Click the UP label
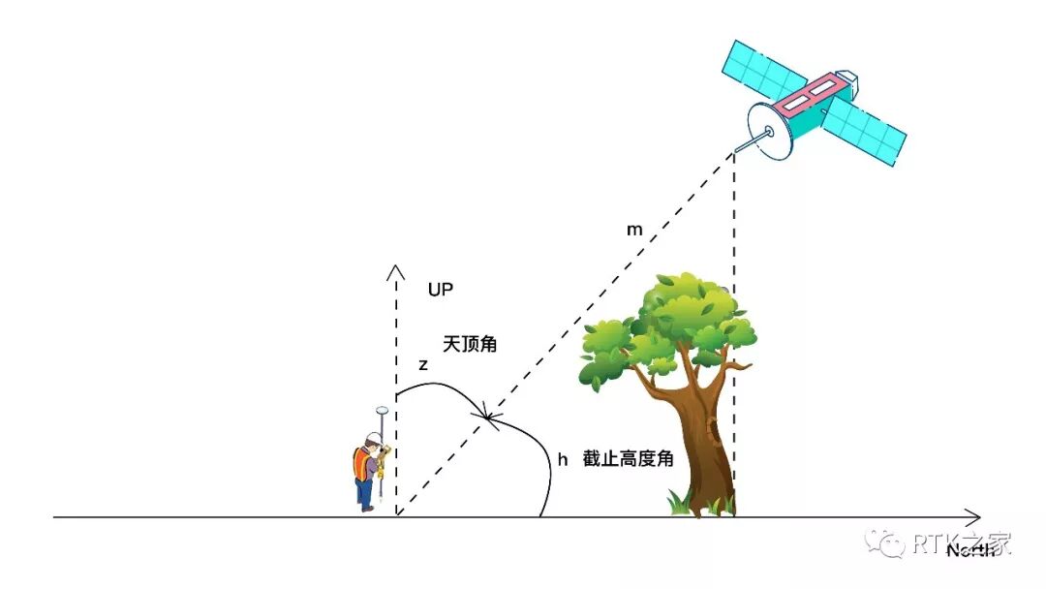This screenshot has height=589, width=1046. point(441,290)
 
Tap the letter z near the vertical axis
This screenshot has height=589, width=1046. point(423,365)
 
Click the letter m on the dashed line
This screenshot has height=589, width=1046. point(633,231)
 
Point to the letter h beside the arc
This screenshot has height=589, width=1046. point(562,459)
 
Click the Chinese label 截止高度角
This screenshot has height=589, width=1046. point(628,459)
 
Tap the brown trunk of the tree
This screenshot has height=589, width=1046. point(705,436)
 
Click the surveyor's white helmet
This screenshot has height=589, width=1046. point(372,436)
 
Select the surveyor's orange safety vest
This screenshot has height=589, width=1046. point(362,464)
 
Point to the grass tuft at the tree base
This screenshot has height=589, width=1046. point(699,503)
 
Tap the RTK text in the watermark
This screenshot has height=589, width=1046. point(936,543)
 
